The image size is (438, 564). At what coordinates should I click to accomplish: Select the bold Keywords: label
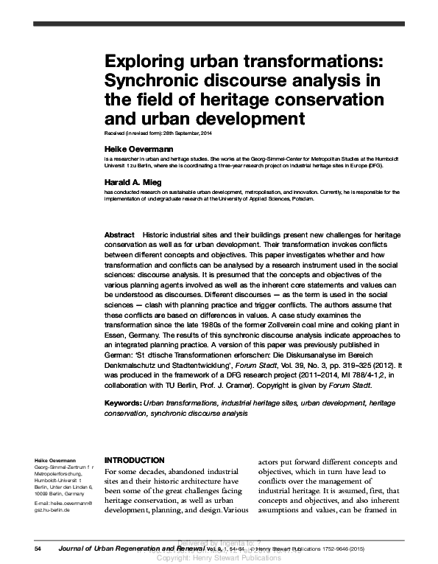pyautogui.click(x=124, y=404)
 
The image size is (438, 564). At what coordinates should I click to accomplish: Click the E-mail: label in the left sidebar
pyautogui.click(x=43, y=502)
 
